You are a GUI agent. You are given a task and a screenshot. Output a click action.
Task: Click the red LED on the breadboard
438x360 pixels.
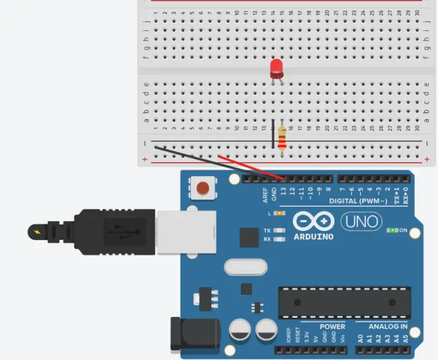pos(277,68)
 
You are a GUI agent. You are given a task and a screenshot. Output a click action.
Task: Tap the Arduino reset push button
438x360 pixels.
pos(202,187)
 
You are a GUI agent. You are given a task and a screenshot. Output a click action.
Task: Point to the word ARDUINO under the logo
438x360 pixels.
pos(314,236)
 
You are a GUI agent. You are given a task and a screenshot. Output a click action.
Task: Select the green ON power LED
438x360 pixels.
pos(392,230)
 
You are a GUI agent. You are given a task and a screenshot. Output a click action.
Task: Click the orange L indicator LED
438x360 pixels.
pos(279,213)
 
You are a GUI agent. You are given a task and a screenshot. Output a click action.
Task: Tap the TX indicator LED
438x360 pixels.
pos(279,230)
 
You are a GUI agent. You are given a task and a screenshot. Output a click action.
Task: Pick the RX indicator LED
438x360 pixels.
pos(279,239)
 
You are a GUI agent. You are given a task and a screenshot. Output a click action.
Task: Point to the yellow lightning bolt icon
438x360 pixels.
pos(37,232)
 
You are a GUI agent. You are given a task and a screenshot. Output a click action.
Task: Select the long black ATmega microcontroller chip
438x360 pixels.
pos(344,302)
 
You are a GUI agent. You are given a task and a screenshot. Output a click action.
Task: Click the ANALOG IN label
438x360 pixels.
pos(388,327)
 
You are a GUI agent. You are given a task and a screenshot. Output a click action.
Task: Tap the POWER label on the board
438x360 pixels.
pos(332,327)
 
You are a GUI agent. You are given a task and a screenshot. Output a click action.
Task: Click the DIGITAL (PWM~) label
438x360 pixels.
pos(358,201)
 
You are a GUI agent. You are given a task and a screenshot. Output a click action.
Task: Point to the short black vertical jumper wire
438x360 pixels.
pos(273,134)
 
